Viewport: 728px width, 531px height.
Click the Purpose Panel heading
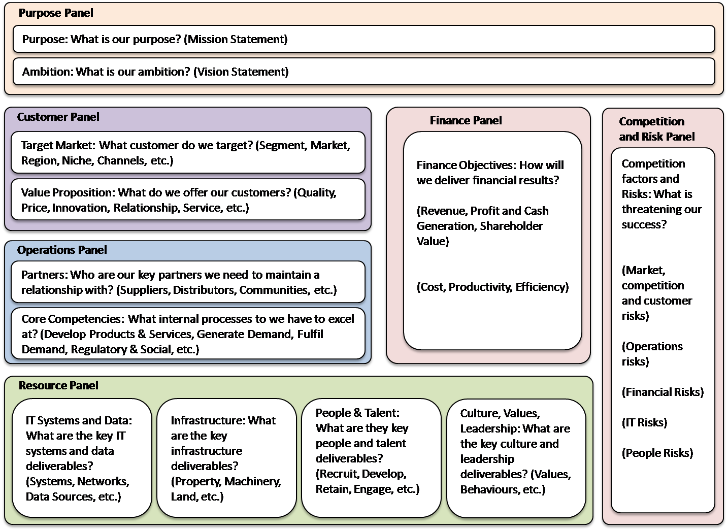tap(56, 13)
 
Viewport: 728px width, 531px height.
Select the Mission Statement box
tap(363, 40)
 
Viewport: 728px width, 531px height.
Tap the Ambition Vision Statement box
tap(363, 72)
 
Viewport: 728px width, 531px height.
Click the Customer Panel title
tap(58, 117)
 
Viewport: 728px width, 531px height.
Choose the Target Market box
tap(188, 153)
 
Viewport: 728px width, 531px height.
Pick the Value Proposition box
tap(188, 200)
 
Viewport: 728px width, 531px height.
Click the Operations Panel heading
tap(62, 250)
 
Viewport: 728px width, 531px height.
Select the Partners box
tap(188, 282)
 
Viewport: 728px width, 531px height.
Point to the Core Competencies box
tap(188, 334)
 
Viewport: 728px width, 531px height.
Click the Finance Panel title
tap(466, 121)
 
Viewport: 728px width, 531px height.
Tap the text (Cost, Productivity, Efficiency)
tap(492, 287)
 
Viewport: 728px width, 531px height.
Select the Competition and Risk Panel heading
tap(656, 129)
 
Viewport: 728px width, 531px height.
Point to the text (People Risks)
tap(657, 453)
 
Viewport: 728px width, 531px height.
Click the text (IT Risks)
tap(644, 423)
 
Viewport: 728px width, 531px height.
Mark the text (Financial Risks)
tap(663, 392)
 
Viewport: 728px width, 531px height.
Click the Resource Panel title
tap(58, 386)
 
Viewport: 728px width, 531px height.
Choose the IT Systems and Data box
tap(82, 458)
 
